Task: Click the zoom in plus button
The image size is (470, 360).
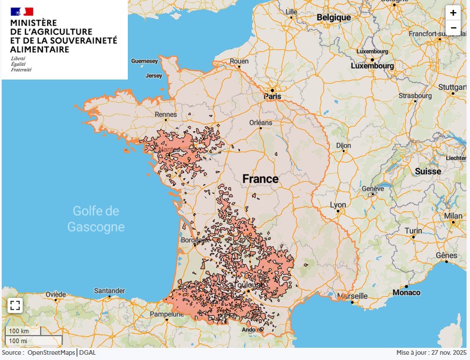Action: tap(453, 13)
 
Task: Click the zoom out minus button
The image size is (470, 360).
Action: tap(453, 27)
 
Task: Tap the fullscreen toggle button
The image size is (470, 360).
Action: tap(15, 305)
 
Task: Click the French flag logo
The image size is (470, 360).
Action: tap(22, 12)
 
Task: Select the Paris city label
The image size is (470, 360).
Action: tap(273, 97)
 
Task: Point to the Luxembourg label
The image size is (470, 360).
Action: tap(372, 66)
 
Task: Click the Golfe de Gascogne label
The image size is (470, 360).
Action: tap(96, 218)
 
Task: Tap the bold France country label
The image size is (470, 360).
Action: tap(260, 179)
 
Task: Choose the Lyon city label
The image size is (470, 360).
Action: tap(338, 205)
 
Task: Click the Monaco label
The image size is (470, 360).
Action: tap(406, 293)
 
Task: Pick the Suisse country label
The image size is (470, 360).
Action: tap(428, 171)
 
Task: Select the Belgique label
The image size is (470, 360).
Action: tap(333, 17)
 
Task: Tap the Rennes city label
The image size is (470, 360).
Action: tap(165, 114)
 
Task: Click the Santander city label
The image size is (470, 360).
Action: tap(109, 290)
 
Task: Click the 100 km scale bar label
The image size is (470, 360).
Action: tap(17, 331)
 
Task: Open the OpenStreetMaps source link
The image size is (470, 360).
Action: tap(51, 353)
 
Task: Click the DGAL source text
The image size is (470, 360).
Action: tap(88, 353)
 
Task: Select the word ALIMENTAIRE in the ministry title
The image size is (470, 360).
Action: tap(40, 49)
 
